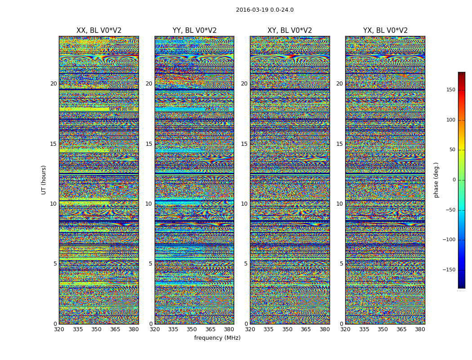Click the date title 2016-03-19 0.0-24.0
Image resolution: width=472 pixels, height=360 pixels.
pyautogui.click(x=264, y=10)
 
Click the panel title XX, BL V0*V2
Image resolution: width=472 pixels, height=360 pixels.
pyautogui.click(x=99, y=31)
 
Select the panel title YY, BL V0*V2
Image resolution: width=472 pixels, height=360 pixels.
pyautogui.click(x=194, y=31)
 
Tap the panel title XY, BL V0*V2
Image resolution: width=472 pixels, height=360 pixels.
pyautogui.click(x=289, y=31)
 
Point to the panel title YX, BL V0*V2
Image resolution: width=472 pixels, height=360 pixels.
pyautogui.click(x=385, y=31)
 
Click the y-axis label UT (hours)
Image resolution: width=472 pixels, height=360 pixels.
pyautogui.click(x=44, y=180)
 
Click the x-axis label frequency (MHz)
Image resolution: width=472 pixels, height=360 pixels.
pyautogui.click(x=217, y=338)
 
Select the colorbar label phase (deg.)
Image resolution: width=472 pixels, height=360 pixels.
pyautogui.click(x=436, y=180)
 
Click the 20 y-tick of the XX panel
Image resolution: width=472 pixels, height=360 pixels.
pyautogui.click(x=53, y=84)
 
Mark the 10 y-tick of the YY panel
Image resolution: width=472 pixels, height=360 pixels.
pyautogui.click(x=149, y=204)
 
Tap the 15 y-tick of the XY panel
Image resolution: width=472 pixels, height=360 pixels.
pyautogui.click(x=244, y=144)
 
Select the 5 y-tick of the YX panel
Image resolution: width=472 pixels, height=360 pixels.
pyautogui.click(x=341, y=264)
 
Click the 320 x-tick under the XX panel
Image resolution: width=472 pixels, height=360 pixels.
pyautogui.click(x=59, y=329)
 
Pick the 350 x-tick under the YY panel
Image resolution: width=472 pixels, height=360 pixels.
pyautogui.click(x=192, y=329)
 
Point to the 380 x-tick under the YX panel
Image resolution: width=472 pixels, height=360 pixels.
pyautogui.click(x=420, y=329)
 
